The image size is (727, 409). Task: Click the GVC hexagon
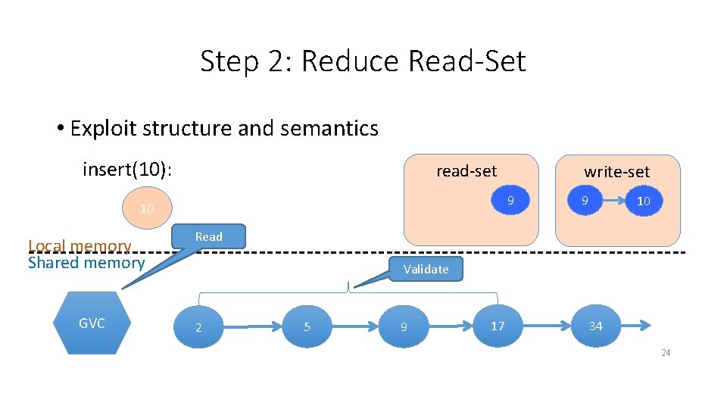click(x=92, y=323)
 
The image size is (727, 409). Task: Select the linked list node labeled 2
click(x=198, y=327)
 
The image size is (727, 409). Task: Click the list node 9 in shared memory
click(x=404, y=327)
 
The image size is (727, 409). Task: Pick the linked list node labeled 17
click(x=498, y=326)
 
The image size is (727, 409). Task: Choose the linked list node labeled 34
click(x=596, y=326)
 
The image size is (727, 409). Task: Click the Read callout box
click(x=209, y=236)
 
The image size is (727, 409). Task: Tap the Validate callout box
click(x=426, y=269)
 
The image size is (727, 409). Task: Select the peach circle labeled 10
click(x=147, y=208)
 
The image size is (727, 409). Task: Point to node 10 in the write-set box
click(x=644, y=201)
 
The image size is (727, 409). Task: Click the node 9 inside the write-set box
click(x=584, y=201)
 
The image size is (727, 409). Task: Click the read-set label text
click(x=466, y=171)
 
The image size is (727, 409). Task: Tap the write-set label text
click(x=616, y=172)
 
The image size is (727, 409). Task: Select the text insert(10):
click(x=127, y=170)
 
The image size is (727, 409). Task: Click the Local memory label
click(x=80, y=245)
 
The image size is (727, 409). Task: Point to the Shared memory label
click(x=86, y=263)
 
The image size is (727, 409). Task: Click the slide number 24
click(x=665, y=353)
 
